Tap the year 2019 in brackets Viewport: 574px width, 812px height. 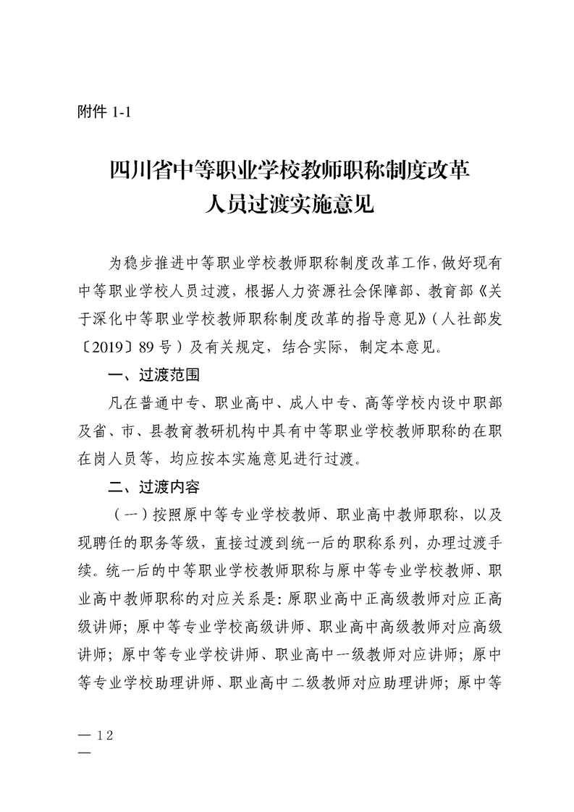pyautogui.click(x=108, y=347)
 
